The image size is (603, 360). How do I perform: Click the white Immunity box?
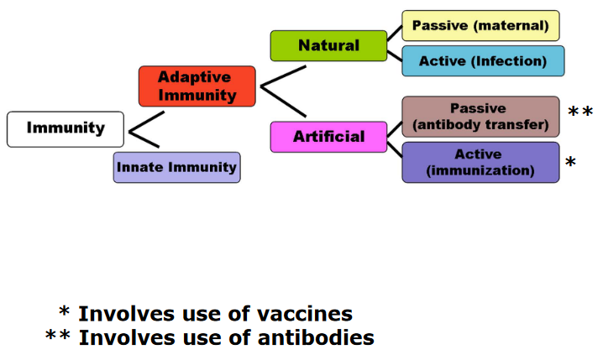click(x=66, y=129)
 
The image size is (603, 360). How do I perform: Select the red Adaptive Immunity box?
click(x=197, y=86)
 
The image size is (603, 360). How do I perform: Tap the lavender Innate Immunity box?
click(x=177, y=167)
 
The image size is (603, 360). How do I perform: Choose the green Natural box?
click(x=329, y=45)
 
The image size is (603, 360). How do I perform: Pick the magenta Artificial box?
click(x=329, y=137)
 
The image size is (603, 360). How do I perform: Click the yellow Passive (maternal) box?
click(x=480, y=26)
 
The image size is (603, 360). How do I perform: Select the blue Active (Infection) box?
click(x=483, y=61)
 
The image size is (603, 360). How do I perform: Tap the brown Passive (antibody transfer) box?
click(x=480, y=117)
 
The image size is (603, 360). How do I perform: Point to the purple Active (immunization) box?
click(x=480, y=163)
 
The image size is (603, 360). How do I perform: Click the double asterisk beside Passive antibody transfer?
click(x=580, y=112)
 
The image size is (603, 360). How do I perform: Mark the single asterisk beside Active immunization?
click(x=571, y=162)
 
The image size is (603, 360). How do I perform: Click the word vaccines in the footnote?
click(x=305, y=314)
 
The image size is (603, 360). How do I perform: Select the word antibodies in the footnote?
click(x=316, y=337)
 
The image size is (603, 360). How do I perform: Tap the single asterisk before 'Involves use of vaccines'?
click(x=64, y=310)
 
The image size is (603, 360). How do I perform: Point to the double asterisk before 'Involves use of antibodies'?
click(x=58, y=335)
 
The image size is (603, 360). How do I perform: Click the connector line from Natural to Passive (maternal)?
click(x=395, y=34)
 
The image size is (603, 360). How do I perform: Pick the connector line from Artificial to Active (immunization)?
click(x=395, y=149)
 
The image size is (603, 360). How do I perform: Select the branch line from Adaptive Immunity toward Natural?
click(x=283, y=76)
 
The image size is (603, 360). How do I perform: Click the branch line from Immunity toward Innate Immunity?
click(x=144, y=139)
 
